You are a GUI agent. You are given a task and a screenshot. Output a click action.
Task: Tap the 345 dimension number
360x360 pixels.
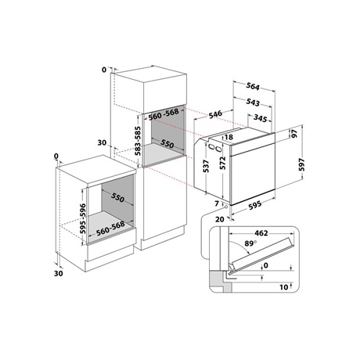pos(263,118)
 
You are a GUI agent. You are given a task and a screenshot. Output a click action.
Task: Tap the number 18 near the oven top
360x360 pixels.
pos(229,137)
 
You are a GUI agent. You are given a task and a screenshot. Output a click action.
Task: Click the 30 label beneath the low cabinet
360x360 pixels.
pos(58,275)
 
